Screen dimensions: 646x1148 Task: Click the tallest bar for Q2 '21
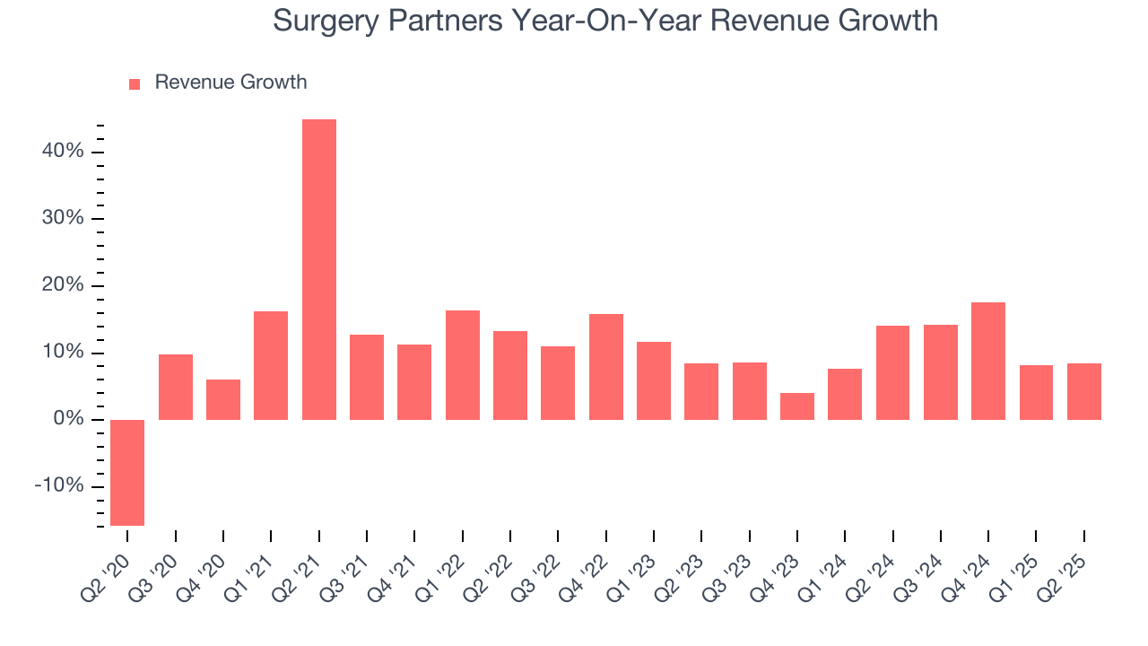pyautogui.click(x=318, y=269)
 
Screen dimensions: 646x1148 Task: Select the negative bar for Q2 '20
pyautogui.click(x=127, y=472)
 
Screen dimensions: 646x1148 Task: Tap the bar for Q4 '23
pyautogui.click(x=797, y=406)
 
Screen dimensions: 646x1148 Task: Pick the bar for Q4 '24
pyautogui.click(x=988, y=361)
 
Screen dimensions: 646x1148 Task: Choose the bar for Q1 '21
pyautogui.click(x=271, y=365)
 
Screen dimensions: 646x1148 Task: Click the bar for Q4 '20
pyautogui.click(x=223, y=399)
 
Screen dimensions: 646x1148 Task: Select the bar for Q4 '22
pyautogui.click(x=605, y=367)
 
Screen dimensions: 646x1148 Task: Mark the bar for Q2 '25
pyautogui.click(x=1083, y=391)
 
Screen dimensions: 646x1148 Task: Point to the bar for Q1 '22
pyautogui.click(x=462, y=365)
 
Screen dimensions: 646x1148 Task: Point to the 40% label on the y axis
pyautogui.click(x=62, y=152)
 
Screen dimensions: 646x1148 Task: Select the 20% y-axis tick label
pyautogui.click(x=62, y=285)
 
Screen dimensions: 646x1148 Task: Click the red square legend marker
pyautogui.click(x=135, y=84)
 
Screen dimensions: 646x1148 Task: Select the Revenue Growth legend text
pyautogui.click(x=230, y=83)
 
